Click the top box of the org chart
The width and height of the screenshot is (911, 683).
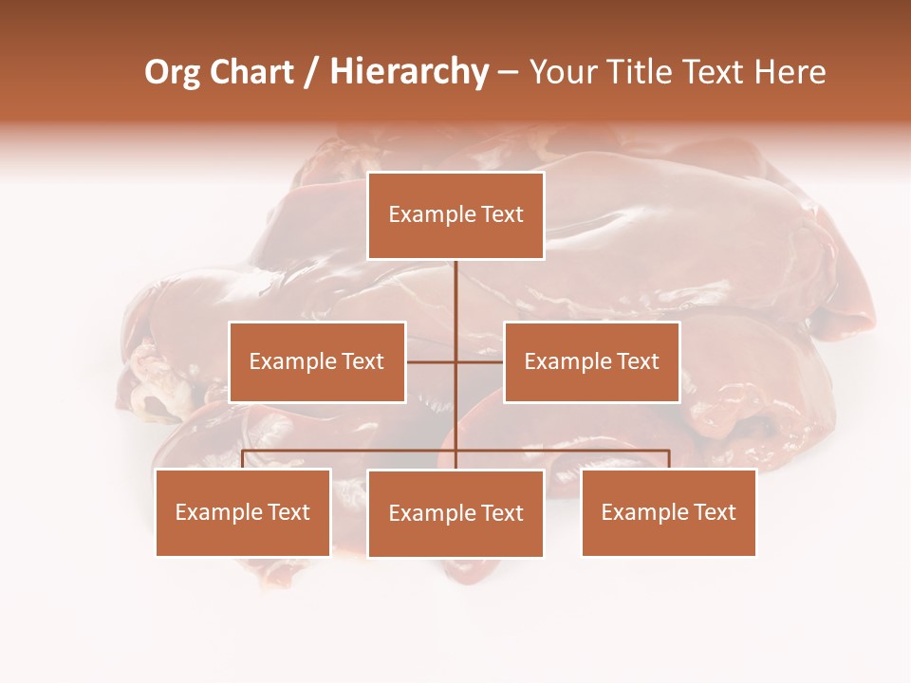455,215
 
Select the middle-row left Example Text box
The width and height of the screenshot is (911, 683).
317,361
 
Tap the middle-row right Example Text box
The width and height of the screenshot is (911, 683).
591,361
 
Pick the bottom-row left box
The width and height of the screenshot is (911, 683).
243,512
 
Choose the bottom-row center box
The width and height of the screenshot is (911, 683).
455,513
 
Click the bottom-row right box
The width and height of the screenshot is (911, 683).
668,512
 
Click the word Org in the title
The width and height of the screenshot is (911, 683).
172,72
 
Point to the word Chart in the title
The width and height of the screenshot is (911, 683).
251,72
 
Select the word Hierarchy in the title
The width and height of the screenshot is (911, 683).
409,72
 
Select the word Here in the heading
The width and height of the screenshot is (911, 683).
790,72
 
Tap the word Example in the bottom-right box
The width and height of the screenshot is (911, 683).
642,512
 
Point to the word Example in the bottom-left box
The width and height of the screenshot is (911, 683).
216,512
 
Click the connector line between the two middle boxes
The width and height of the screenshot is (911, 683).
432,361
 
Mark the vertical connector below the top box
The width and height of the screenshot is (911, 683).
455,294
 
